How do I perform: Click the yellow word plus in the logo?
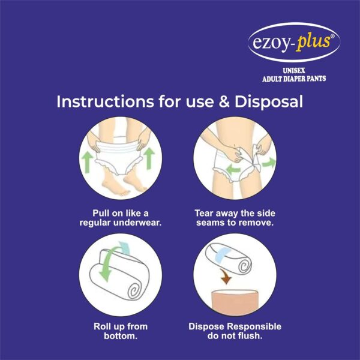tap(313, 43)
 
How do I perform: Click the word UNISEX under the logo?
tap(293, 71)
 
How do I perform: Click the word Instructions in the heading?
tap(105, 101)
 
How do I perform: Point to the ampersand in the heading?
tap(224, 102)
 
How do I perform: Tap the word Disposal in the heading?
tap(268, 102)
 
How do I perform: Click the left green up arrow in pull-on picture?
tap(88, 161)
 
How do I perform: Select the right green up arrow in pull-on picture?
tap(149, 158)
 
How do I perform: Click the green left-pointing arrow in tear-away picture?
tap(233, 170)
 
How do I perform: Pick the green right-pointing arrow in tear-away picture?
tap(269, 163)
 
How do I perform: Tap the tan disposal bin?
tap(235, 301)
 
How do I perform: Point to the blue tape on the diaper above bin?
tap(222, 255)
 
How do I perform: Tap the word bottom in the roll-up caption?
tap(121, 336)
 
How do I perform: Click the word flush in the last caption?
tap(250, 336)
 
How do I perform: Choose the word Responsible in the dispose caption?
tap(254, 327)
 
